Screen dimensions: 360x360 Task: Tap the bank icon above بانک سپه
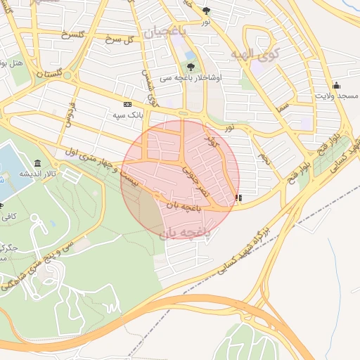tap(127, 103)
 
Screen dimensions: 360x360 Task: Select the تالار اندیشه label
tap(32, 173)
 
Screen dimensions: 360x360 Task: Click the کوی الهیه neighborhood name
tap(255, 53)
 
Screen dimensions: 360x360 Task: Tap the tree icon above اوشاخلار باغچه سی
tap(191, 67)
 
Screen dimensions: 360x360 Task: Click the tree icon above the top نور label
tap(205, 11)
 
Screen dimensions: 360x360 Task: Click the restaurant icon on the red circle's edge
tap(238, 198)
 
